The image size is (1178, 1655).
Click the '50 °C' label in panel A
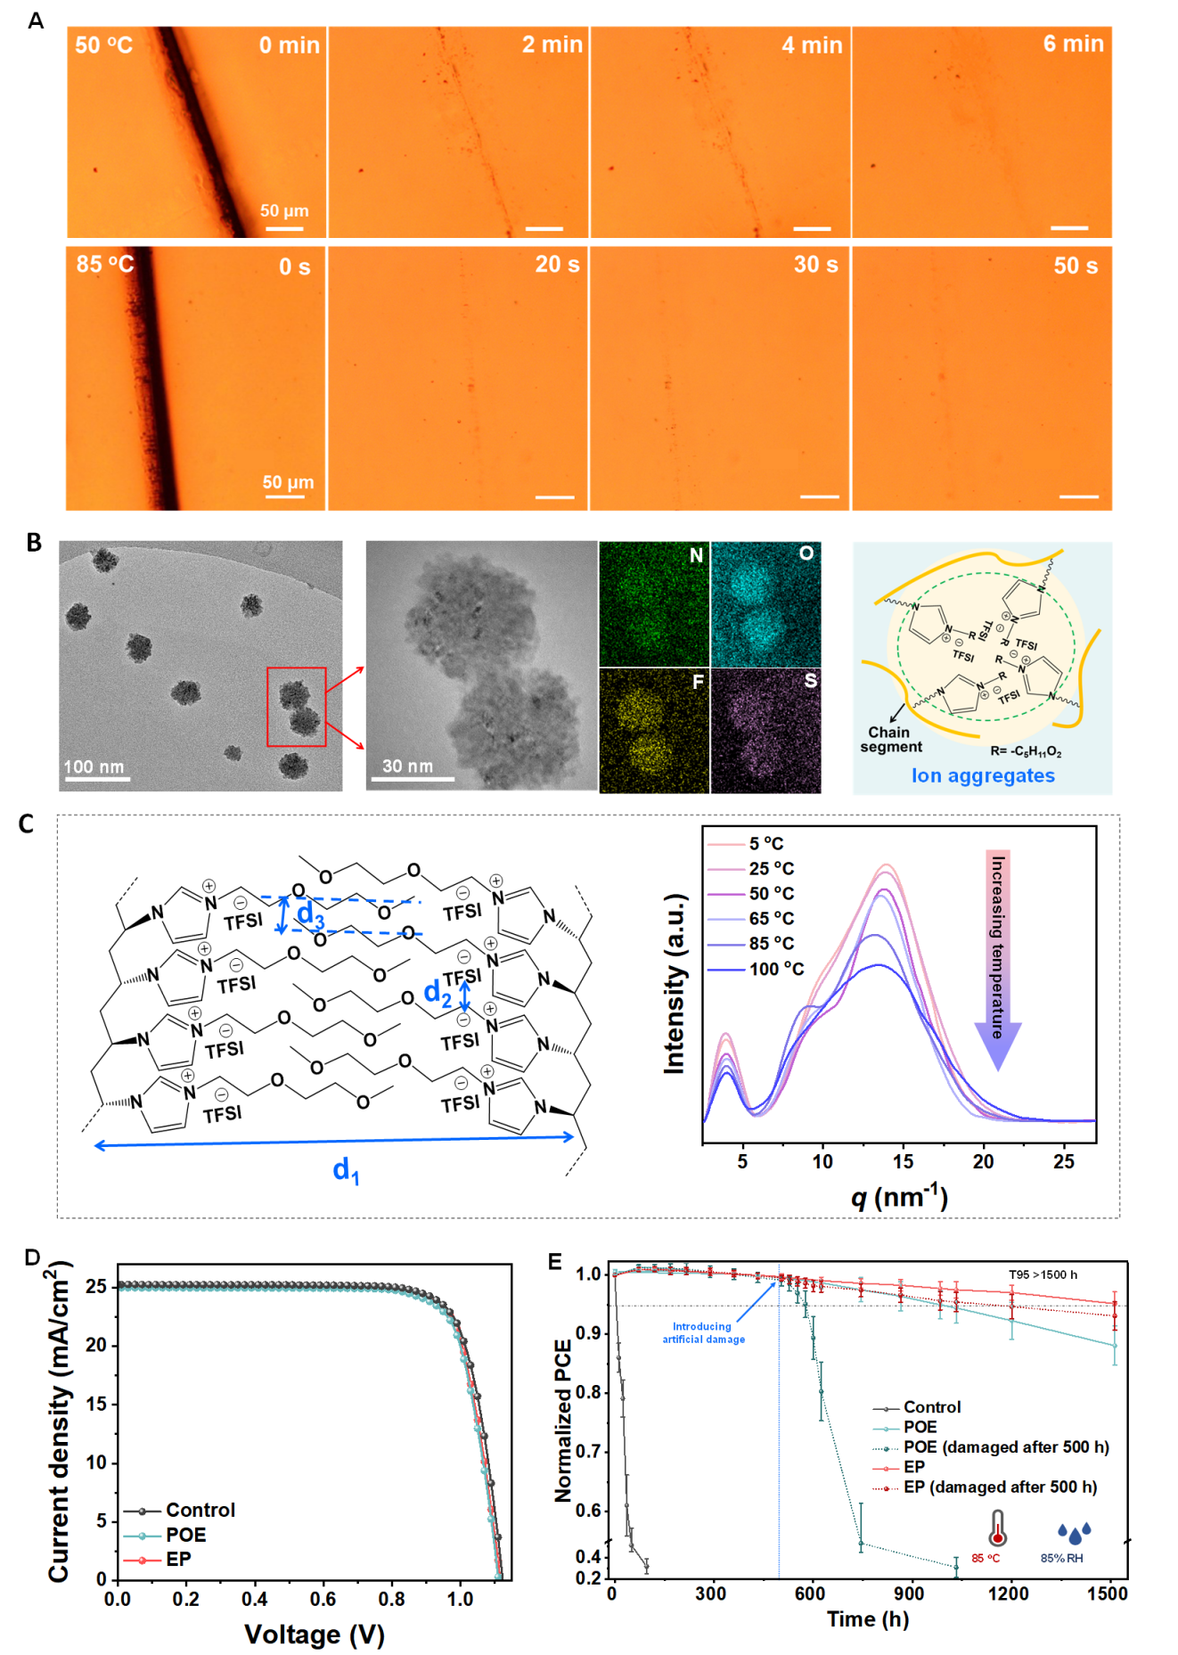coord(103,45)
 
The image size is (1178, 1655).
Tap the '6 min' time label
coord(1073,44)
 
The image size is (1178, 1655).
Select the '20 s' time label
coord(557,265)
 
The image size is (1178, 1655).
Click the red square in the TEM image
coord(297,707)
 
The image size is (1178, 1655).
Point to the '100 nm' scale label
coord(94,766)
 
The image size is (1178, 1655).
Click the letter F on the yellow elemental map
coord(698,682)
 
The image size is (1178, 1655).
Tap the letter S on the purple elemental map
coord(810,681)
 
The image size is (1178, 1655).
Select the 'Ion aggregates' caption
coord(982,775)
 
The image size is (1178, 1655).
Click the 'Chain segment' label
coord(890,740)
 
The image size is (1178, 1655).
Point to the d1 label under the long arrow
coord(346,1169)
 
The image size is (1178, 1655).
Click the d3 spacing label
coord(310,913)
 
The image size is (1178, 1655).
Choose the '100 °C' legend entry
coord(775,969)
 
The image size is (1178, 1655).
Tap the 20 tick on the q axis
coord(983,1161)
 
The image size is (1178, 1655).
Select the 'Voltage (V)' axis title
coord(314,1634)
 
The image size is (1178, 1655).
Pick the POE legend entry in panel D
coord(185,1535)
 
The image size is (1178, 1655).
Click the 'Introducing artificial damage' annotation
coord(703,1332)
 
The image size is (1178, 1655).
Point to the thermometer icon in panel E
coord(996,1528)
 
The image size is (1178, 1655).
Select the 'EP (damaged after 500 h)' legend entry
coord(1000,1487)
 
